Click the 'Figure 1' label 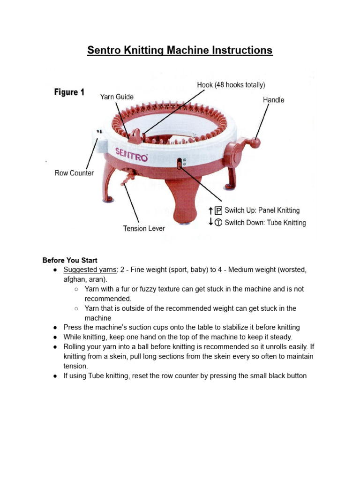[x=69, y=92]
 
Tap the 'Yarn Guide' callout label [x=117, y=97]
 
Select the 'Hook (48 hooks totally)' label [x=231, y=85]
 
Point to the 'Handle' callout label [x=273, y=100]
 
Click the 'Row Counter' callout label [x=74, y=173]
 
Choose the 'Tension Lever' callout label [x=144, y=228]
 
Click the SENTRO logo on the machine [x=132, y=154]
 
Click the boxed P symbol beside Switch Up [x=218, y=210]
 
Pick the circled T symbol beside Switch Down [x=218, y=223]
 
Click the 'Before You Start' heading [x=70, y=260]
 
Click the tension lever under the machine [x=127, y=179]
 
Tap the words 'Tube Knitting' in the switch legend [x=286, y=223]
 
